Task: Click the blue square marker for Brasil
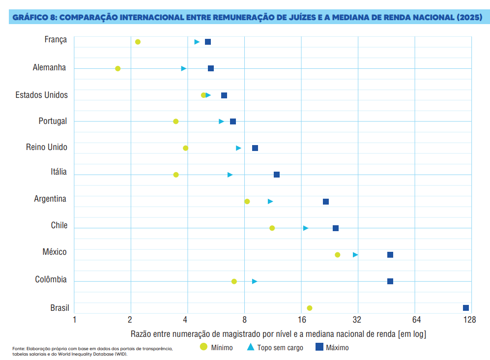(x=466, y=308)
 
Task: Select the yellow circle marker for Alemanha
(x=118, y=68)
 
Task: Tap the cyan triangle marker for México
(x=355, y=255)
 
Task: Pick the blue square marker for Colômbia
(x=390, y=281)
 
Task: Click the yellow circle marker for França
(x=138, y=42)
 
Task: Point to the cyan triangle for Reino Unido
(x=238, y=148)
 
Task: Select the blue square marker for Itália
(x=277, y=175)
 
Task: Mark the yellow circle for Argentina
(x=247, y=202)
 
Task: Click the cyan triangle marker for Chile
(x=306, y=228)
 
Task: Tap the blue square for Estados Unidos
(x=224, y=95)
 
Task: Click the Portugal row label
(x=53, y=121)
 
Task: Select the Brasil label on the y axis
(x=59, y=308)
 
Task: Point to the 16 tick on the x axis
(x=301, y=321)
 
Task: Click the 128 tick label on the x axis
(x=469, y=321)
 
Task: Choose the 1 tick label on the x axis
(x=74, y=321)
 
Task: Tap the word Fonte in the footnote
(x=19, y=348)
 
